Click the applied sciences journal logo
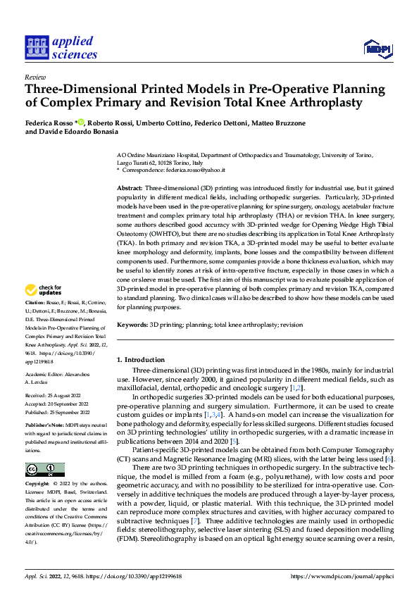coord(61,46)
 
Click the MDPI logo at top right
coord(378,48)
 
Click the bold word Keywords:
coord(132,325)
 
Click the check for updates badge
coord(44,309)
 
